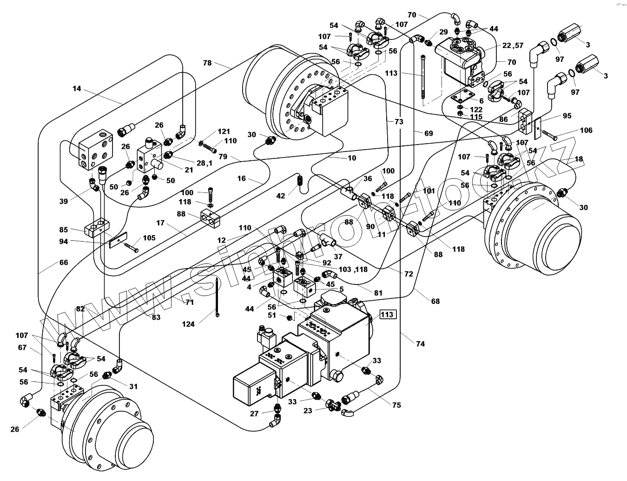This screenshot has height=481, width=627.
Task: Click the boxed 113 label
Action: (388, 314)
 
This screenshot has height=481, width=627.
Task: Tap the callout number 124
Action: (188, 324)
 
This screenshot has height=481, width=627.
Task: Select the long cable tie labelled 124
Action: (217, 297)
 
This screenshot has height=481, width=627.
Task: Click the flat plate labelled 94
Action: (118, 240)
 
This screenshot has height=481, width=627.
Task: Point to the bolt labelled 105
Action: (131, 247)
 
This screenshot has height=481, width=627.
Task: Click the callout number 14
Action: (77, 88)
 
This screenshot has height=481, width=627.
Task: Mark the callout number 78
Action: (207, 63)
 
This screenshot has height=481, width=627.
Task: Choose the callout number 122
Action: (476, 110)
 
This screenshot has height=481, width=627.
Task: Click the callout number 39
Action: (64, 201)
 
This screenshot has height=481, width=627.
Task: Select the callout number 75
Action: (396, 405)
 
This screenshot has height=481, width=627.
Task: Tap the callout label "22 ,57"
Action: (513, 45)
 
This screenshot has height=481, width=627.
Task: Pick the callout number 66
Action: (64, 263)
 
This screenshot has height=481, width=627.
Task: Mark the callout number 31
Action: (133, 386)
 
